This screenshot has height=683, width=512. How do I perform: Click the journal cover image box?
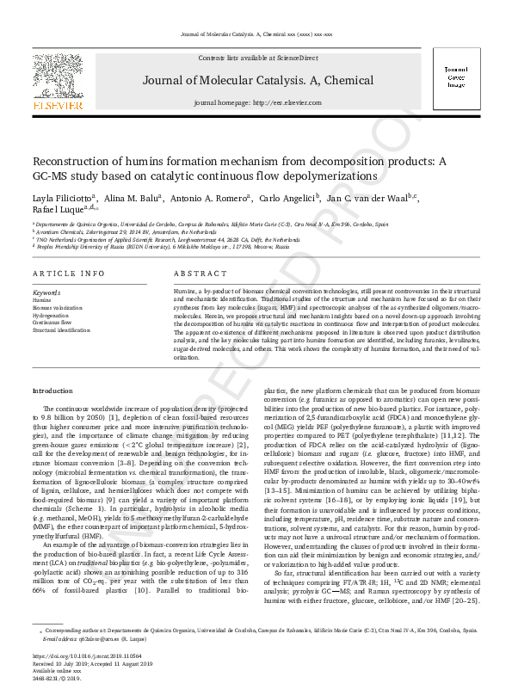click(454, 77)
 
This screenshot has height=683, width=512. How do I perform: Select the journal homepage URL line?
click(257, 102)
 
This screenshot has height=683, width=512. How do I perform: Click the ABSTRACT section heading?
click(200, 273)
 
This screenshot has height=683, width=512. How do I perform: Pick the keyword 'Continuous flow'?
click(51, 322)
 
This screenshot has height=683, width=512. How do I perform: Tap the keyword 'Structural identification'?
click(59, 329)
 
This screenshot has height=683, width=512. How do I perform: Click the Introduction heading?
click(52, 391)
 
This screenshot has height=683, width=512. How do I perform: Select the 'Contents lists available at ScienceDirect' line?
click(257, 58)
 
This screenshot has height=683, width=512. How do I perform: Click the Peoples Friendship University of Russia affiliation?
click(163, 247)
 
